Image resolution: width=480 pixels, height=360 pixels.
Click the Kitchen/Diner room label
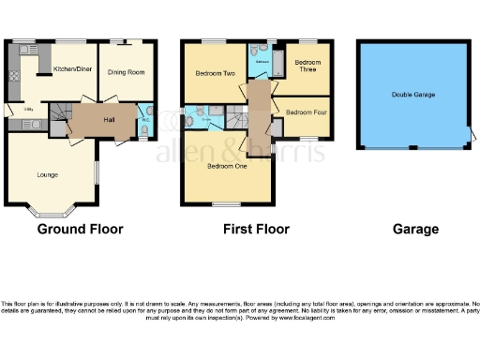tap(70, 69)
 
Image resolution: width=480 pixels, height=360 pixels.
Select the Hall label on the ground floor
tap(109, 119)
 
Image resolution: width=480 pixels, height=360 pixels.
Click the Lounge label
tap(47, 174)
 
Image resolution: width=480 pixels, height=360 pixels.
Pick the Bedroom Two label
tap(214, 73)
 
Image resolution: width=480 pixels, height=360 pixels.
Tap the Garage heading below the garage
tap(415, 229)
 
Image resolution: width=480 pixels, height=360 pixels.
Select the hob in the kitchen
tap(16, 73)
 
